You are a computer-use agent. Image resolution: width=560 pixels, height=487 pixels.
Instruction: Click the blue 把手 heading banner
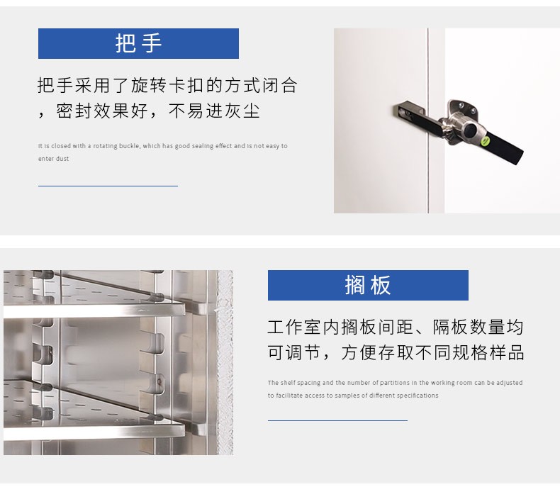pos(138,43)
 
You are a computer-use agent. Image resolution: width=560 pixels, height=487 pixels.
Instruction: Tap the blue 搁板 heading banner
pos(368,285)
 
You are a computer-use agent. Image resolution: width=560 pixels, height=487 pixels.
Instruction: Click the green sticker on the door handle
pos(485,141)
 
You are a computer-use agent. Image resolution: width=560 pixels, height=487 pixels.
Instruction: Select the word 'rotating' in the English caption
pos(105,146)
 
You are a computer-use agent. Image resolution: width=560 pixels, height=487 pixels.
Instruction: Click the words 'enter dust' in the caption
pos(54,159)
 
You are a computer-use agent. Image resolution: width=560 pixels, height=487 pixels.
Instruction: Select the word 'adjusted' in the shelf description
pos(509,383)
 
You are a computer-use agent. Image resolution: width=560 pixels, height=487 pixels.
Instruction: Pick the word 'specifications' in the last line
pos(418,396)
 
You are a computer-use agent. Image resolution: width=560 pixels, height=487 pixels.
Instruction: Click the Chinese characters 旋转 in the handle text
pos(149,86)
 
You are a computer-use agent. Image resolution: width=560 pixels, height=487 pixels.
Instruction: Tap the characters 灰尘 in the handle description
pos(242,111)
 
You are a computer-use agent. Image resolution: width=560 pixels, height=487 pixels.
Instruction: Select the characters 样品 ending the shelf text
pos(507,353)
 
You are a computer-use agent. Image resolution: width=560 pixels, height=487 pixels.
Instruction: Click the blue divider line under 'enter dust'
pos(108,186)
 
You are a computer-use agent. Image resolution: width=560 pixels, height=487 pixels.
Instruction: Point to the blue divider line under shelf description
pos(337,420)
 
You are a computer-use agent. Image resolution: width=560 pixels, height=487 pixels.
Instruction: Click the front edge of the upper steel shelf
pos(95,310)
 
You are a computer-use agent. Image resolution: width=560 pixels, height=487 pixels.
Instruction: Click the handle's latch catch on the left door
pos(409,111)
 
